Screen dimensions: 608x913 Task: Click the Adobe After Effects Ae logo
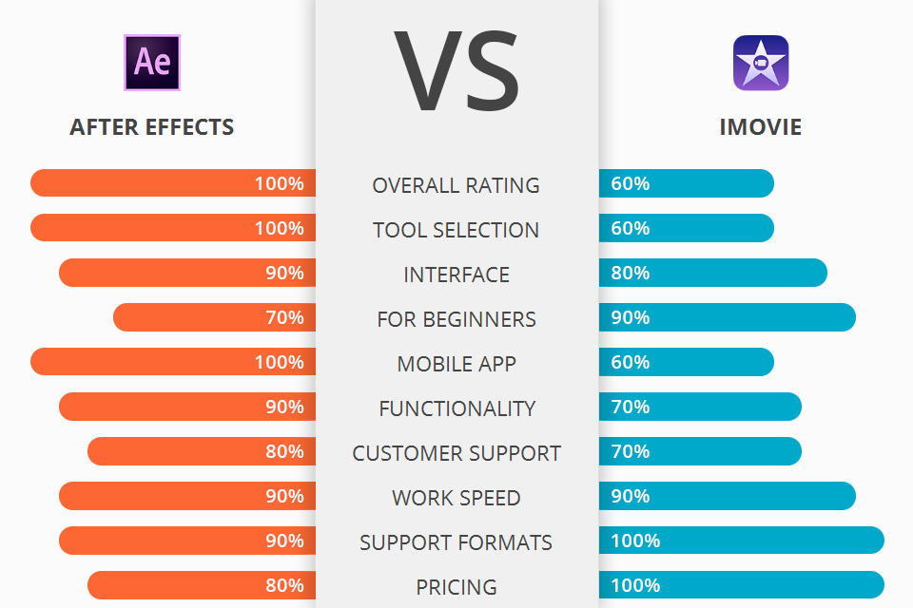(x=152, y=63)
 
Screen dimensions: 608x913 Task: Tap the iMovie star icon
(x=761, y=63)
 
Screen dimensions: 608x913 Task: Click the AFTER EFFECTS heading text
(x=152, y=126)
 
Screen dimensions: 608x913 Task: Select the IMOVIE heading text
(x=761, y=126)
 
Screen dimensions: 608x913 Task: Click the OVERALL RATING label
(x=456, y=185)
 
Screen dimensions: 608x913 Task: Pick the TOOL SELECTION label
(x=456, y=230)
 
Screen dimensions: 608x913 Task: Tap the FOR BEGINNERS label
(x=456, y=319)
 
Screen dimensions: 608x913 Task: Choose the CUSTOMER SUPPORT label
(x=456, y=453)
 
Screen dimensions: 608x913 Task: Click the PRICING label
(x=456, y=587)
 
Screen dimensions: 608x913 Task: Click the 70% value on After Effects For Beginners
(x=285, y=317)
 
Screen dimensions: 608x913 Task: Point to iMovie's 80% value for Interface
(x=631, y=273)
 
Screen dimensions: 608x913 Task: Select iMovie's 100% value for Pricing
(x=635, y=585)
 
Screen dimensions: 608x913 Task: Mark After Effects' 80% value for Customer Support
(x=285, y=451)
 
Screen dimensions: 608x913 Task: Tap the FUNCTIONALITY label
(x=456, y=408)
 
